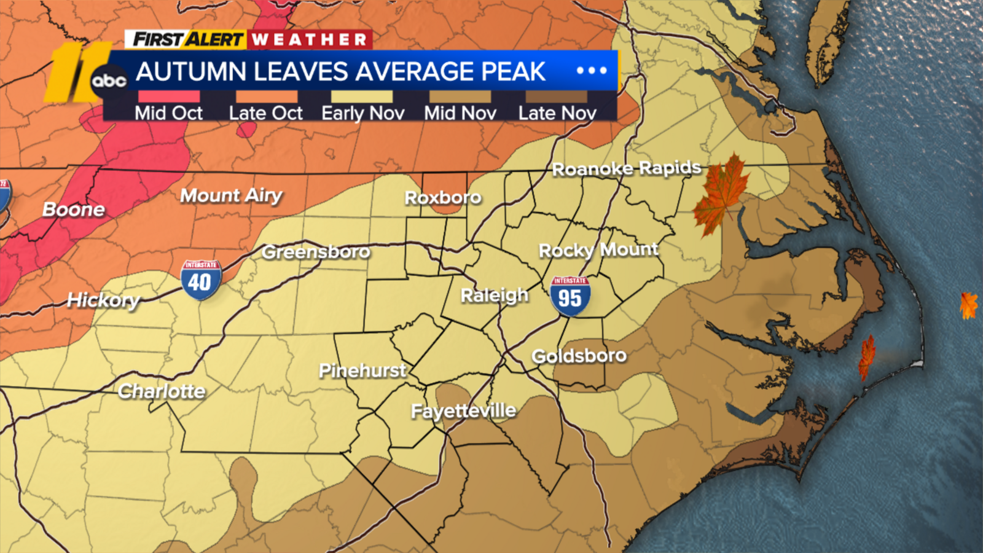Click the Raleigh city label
[x=494, y=296]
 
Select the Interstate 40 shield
[x=200, y=280]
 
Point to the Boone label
[x=74, y=210]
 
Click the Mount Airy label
[x=231, y=195]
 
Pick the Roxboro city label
[x=442, y=197]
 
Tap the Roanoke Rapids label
[x=626, y=168]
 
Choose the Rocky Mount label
[x=598, y=249]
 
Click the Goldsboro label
[x=579, y=356]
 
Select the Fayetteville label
[x=463, y=410]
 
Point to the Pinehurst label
[x=362, y=371]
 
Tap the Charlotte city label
[x=162, y=391]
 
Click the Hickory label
[x=103, y=300]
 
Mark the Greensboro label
[x=316, y=252]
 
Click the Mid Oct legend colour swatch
[x=169, y=96]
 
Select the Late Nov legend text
[x=557, y=113]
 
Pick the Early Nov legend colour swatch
[x=362, y=96]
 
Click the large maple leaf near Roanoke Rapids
[x=721, y=194]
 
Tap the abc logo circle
[x=109, y=80]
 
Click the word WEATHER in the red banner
[x=310, y=40]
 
